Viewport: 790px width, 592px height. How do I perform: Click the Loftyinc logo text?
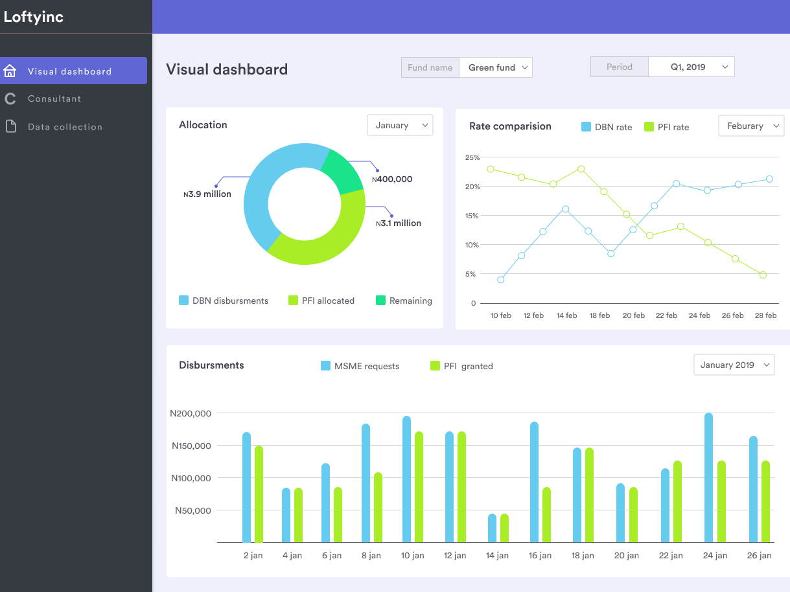click(34, 17)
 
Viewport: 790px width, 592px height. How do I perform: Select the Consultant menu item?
click(54, 98)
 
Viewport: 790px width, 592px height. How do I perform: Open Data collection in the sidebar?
click(65, 127)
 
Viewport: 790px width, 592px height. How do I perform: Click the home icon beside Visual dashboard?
click(10, 71)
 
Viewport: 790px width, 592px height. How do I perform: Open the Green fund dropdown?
click(496, 67)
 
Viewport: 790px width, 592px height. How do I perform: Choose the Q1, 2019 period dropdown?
click(691, 67)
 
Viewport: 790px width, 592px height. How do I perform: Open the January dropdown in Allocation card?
click(400, 125)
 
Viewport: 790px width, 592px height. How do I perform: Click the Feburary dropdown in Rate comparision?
click(751, 126)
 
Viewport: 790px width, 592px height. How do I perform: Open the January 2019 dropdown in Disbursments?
click(734, 365)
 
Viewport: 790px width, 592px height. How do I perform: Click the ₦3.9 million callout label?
click(207, 194)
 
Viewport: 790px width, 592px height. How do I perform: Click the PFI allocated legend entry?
click(321, 301)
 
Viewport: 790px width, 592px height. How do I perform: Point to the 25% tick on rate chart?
click(472, 157)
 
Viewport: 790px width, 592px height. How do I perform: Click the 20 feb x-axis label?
click(633, 315)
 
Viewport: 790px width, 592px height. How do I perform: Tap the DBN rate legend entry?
click(607, 127)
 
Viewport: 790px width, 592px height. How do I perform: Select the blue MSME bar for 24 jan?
click(708, 478)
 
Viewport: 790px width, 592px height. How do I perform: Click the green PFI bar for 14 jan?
click(504, 528)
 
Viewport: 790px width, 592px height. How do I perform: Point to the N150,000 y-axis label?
click(192, 446)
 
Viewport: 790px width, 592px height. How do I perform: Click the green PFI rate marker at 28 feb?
click(763, 275)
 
